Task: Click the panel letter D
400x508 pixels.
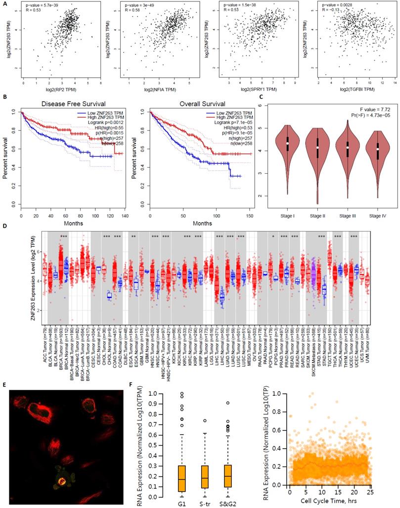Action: [x=4, y=226]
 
